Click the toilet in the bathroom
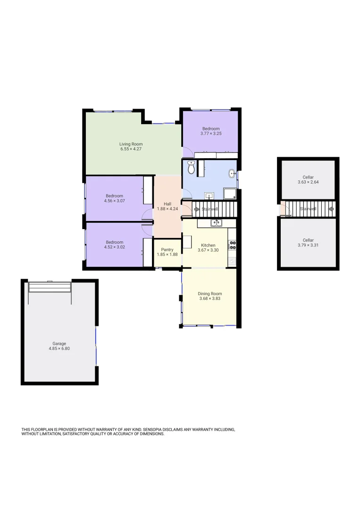pyautogui.click(x=191, y=167)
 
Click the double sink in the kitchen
pyautogui.click(x=216, y=222)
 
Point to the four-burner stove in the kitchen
pyautogui.click(x=232, y=245)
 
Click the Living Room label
pyautogui.click(x=131, y=144)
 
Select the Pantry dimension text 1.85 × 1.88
pyautogui.click(x=167, y=255)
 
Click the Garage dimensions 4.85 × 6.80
pyautogui.click(x=59, y=348)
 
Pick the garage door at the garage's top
pyautogui.click(x=50, y=287)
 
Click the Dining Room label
pyautogui.click(x=209, y=294)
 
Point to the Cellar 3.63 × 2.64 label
pyautogui.click(x=308, y=178)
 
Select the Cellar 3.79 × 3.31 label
pyautogui.click(x=308, y=240)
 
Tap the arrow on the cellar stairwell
pyautogui.click(x=331, y=208)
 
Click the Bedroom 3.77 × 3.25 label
pyautogui.click(x=211, y=129)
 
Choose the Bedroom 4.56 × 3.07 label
pyautogui.click(x=114, y=196)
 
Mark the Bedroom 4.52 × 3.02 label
pyautogui.click(x=114, y=242)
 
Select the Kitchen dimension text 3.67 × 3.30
pyautogui.click(x=208, y=250)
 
